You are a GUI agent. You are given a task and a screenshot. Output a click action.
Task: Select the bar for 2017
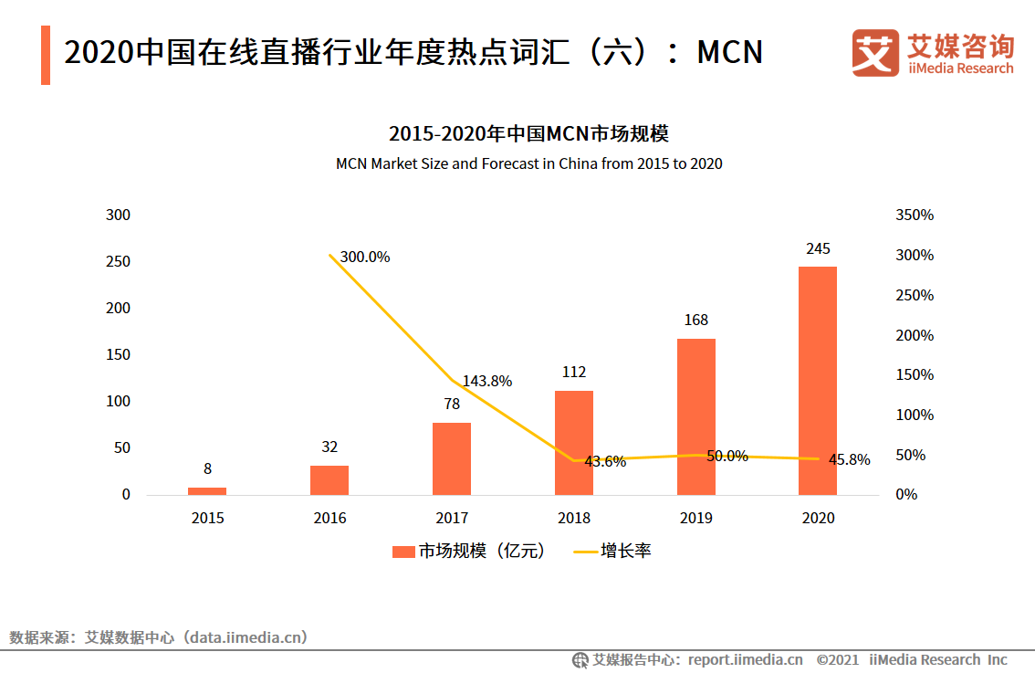click(x=452, y=458)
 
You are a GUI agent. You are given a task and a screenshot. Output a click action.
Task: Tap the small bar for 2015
click(x=207, y=490)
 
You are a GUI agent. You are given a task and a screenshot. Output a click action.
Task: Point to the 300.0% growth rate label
click(x=365, y=258)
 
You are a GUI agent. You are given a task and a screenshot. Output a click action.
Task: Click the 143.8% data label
click(x=487, y=381)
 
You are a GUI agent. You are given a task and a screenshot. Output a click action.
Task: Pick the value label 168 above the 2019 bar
click(x=695, y=321)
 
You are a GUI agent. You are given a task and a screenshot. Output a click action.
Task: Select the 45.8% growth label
click(x=849, y=460)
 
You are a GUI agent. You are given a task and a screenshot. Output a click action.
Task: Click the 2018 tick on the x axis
click(x=574, y=518)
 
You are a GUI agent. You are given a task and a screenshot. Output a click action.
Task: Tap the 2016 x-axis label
click(x=329, y=518)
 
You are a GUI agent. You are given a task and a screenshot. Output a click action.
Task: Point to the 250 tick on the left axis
click(x=119, y=262)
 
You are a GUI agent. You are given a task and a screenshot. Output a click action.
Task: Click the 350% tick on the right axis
click(x=915, y=216)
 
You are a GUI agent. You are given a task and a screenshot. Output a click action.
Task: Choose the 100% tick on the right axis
click(x=915, y=415)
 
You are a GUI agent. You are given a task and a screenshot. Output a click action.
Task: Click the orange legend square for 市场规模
click(x=403, y=552)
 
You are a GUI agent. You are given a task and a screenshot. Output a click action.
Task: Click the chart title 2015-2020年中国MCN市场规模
click(x=528, y=134)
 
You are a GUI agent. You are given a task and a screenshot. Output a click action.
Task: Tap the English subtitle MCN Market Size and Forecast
click(x=528, y=164)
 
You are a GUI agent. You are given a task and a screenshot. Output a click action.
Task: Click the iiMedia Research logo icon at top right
click(x=875, y=53)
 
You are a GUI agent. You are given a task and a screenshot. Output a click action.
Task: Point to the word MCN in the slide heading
click(x=729, y=53)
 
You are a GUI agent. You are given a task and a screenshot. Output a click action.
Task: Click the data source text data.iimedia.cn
click(x=246, y=637)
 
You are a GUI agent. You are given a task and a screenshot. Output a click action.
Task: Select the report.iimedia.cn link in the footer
click(x=745, y=659)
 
